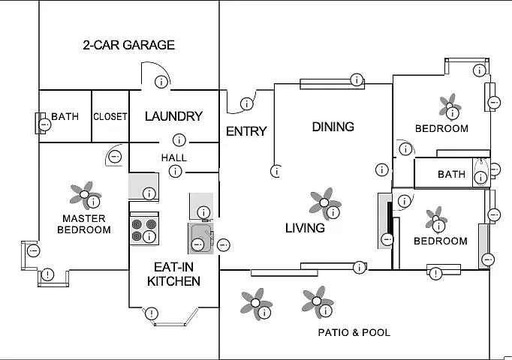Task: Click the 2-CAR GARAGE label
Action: click(x=129, y=45)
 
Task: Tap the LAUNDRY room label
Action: click(x=173, y=116)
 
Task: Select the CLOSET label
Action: click(x=110, y=117)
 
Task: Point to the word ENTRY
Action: click(x=246, y=131)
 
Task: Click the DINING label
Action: click(x=333, y=127)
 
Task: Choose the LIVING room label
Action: click(x=305, y=228)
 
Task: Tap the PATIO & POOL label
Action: click(x=354, y=332)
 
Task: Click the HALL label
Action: click(x=174, y=157)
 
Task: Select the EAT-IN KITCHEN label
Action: click(x=173, y=274)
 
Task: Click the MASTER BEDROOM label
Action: click(x=84, y=224)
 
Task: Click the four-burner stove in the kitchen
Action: click(x=144, y=229)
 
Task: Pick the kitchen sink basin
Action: click(x=201, y=238)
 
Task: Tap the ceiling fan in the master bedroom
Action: click(x=85, y=195)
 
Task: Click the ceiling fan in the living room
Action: click(x=324, y=202)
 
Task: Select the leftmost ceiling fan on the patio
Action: click(x=256, y=303)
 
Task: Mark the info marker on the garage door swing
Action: click(x=161, y=82)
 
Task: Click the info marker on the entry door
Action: click(x=247, y=104)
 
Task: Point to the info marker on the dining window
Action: click(x=357, y=79)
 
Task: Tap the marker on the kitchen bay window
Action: click(x=151, y=313)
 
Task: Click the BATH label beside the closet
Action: click(x=65, y=116)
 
